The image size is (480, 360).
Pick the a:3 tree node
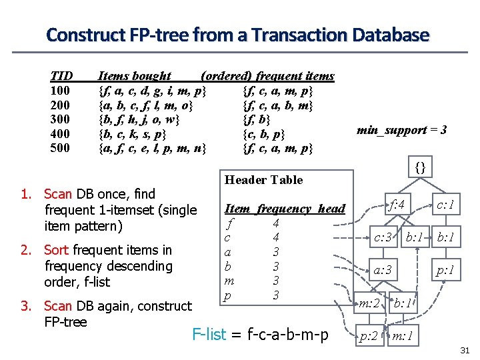click(x=382, y=270)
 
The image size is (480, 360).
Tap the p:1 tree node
click(x=445, y=270)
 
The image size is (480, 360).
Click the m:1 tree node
click(x=404, y=336)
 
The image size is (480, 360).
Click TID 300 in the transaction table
click(x=60, y=119)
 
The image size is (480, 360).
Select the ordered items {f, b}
click(x=257, y=119)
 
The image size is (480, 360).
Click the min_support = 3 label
click(x=401, y=129)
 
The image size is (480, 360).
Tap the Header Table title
click(x=264, y=179)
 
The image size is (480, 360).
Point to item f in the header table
click(x=230, y=223)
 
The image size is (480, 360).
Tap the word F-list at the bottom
click(x=209, y=334)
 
